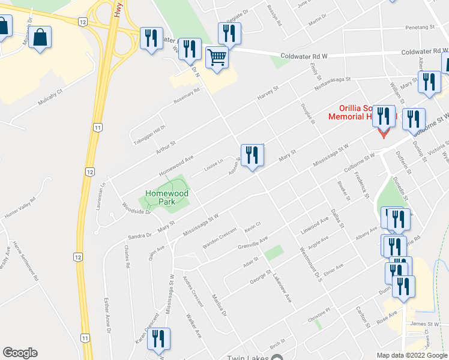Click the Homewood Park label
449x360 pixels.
(166, 197)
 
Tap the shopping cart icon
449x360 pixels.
(217, 58)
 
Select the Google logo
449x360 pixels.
(20, 353)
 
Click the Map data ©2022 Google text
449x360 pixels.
(412, 355)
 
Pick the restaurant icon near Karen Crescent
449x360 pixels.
(159, 340)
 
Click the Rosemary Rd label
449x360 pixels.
(186, 95)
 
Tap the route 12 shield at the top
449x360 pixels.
(82, 21)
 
